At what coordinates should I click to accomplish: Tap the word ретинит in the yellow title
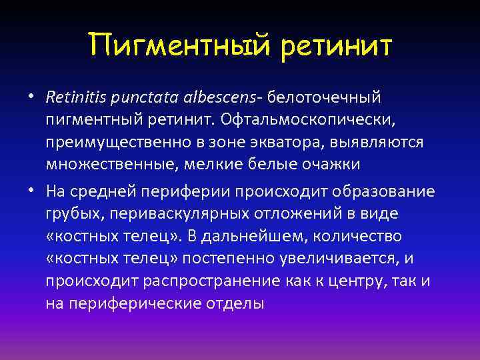[337, 46]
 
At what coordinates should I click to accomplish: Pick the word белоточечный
[325, 98]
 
